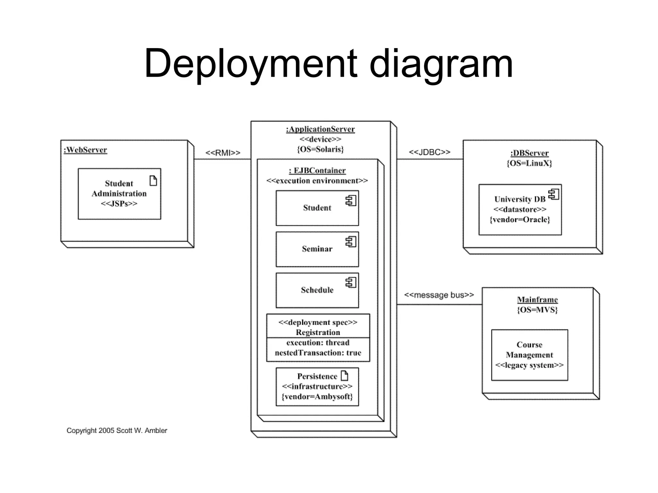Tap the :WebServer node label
click(85, 150)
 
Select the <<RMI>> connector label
click(223, 153)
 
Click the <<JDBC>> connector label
click(429, 152)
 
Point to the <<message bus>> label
click(439, 295)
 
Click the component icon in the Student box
click(351, 201)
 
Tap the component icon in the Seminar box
click(351, 242)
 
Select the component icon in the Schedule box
click(351, 282)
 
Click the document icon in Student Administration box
click(153, 181)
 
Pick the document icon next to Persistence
click(344, 376)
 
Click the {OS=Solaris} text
click(320, 149)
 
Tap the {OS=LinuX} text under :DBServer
click(529, 163)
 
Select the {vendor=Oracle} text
click(520, 220)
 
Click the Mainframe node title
click(537, 300)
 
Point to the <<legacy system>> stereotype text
click(529, 365)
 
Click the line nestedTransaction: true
click(318, 353)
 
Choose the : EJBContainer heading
click(317, 171)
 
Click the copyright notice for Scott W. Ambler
click(117, 430)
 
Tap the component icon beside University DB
click(554, 194)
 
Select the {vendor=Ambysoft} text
click(317, 397)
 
